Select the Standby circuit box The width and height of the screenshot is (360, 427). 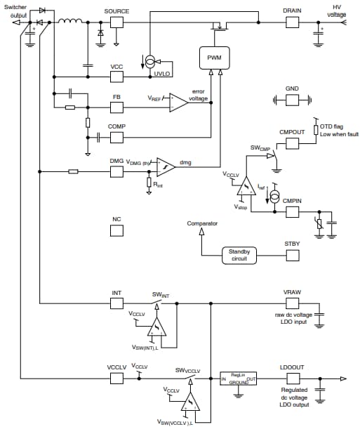coord(240,256)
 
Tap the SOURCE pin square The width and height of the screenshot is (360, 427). coord(116,22)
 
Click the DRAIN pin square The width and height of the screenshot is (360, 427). coord(292,22)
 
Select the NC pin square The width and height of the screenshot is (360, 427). coord(116,230)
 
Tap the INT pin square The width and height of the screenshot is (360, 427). coord(116,303)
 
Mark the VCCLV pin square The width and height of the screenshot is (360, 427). coord(116,377)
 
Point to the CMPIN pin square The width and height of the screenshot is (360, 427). coord(292,210)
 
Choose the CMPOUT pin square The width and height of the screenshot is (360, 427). coord(292,143)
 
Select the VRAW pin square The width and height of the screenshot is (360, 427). coord(292,303)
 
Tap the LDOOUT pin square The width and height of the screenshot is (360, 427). coord(292,377)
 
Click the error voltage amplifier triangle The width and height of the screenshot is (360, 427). coord(178,101)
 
